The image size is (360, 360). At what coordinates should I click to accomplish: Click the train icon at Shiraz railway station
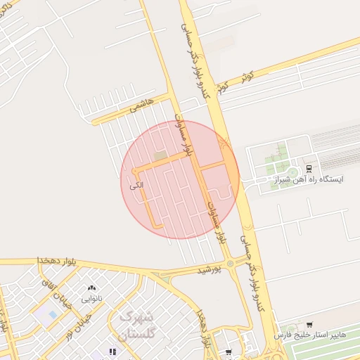(x=309, y=168)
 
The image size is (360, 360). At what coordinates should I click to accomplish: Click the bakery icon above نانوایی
(x=91, y=288)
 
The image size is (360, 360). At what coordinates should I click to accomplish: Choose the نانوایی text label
(x=91, y=299)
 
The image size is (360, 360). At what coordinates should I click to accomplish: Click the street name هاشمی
(x=141, y=106)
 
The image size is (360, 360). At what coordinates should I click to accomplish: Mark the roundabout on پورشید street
(x=231, y=264)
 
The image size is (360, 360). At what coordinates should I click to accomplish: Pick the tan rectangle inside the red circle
(x=159, y=154)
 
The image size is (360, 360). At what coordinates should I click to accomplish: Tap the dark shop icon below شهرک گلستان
(x=111, y=352)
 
